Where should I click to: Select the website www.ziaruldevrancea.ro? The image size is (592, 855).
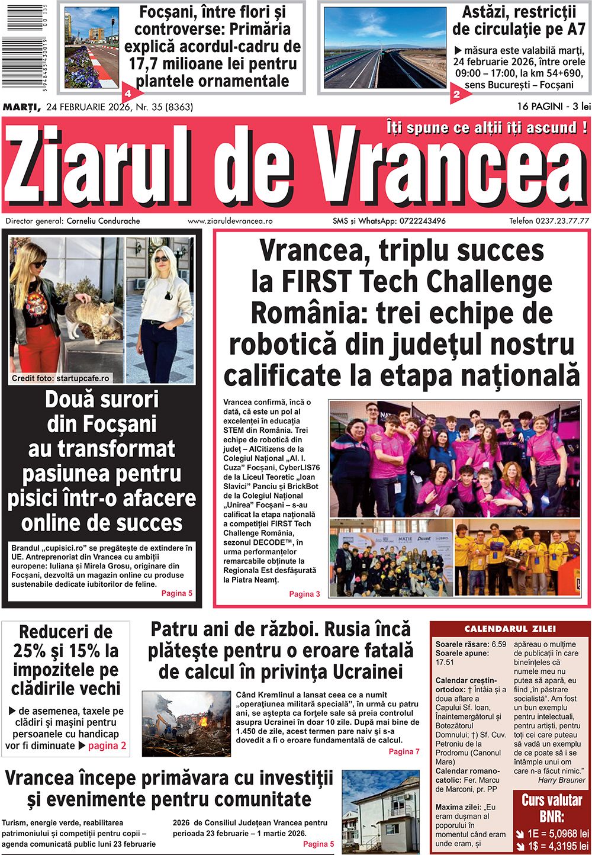[230, 221]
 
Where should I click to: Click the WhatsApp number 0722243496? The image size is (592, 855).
[422, 221]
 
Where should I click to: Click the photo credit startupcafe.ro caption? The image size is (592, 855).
[60, 378]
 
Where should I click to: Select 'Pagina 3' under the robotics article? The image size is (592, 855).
[304, 594]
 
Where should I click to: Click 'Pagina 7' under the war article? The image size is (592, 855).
[404, 751]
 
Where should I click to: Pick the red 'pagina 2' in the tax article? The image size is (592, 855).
[107, 745]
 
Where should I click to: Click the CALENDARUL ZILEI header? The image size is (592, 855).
[510, 629]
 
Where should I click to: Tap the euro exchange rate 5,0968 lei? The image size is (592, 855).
[559, 833]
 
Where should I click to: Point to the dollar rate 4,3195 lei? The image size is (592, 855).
[559, 846]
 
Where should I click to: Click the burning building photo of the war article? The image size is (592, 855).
[186, 724]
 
